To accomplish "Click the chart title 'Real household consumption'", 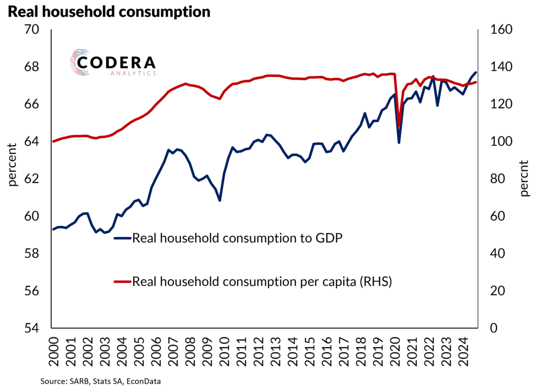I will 108,12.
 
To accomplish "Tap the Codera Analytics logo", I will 113,63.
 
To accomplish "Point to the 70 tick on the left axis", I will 32,30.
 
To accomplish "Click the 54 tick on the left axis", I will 32,328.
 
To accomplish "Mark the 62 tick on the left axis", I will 32,179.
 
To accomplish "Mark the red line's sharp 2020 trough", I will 399,126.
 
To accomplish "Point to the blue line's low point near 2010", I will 220,200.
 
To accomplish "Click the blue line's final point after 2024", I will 475,72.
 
